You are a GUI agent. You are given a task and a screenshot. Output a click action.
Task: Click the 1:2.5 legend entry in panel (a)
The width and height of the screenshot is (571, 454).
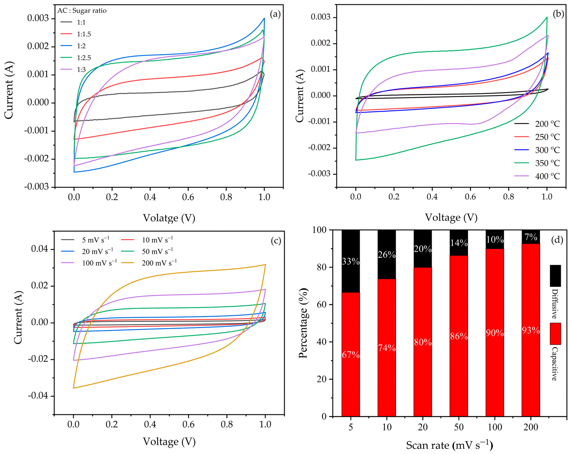[x=76, y=58]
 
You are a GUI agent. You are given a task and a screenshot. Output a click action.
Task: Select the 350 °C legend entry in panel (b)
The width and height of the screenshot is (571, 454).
[x=537, y=163]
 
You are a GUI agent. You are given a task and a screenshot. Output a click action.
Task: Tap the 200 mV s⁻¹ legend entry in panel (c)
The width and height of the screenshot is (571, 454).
[x=149, y=262]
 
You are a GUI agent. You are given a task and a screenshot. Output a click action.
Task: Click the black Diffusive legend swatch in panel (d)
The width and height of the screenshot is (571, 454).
[x=555, y=276]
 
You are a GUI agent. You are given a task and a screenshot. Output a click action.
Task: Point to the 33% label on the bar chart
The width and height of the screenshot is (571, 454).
[x=351, y=261]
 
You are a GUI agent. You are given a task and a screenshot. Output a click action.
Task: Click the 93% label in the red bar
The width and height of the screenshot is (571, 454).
[x=531, y=331]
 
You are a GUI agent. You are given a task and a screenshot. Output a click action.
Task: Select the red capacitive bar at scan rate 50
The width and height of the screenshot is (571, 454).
[x=459, y=336]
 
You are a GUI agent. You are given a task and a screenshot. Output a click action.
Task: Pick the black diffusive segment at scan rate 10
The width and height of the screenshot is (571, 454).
[x=387, y=254]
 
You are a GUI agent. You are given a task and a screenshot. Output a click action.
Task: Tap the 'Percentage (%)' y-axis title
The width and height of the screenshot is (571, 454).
[x=303, y=323]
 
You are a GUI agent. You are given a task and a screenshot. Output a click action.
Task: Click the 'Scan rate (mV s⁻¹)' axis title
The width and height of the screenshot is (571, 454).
[x=450, y=445]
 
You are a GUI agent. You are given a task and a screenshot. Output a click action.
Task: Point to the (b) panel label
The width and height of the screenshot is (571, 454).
[x=558, y=14]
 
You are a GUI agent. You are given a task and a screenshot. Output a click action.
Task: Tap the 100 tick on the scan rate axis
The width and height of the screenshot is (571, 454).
[x=495, y=427]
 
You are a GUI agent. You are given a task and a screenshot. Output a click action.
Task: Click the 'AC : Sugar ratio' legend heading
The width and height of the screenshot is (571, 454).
[x=82, y=11]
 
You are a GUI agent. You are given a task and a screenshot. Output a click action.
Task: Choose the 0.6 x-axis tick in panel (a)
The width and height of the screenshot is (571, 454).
[x=188, y=197]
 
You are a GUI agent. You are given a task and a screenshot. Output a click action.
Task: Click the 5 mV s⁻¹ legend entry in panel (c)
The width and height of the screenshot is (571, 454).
[x=85, y=240]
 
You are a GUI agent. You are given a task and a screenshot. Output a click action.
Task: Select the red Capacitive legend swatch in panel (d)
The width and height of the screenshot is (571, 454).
[x=555, y=334]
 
